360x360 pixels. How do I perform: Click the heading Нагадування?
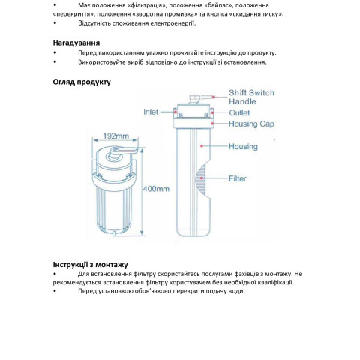pyautogui.click(x=76, y=43)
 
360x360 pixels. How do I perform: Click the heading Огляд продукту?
pyautogui.click(x=82, y=82)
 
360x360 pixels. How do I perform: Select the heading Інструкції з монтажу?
pyautogui.click(x=90, y=265)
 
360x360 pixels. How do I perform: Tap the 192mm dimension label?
pyautogui.click(x=116, y=136)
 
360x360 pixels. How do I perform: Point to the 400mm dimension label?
pyautogui.click(x=156, y=189)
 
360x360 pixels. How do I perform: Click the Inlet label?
pyautogui.click(x=151, y=112)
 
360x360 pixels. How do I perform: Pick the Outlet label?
pyautogui.click(x=239, y=112)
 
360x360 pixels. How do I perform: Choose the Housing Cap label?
pyautogui.click(x=251, y=124)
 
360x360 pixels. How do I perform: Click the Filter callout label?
pyautogui.click(x=238, y=178)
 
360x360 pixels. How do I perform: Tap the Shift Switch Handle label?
pyautogui.click(x=252, y=97)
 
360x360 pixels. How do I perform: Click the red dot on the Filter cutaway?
pyautogui.click(x=202, y=178)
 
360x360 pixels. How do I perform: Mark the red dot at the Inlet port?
pyautogui.click(x=175, y=112)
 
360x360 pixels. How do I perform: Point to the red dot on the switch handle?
pyautogui.click(x=214, y=97)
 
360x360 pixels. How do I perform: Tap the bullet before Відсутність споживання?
pyautogui.click(x=55, y=23)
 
